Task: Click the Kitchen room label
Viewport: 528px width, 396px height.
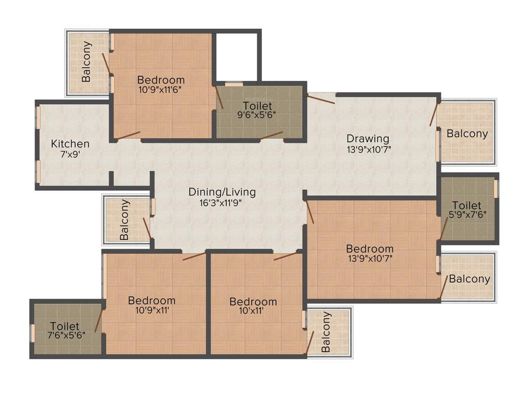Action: [x=70, y=144]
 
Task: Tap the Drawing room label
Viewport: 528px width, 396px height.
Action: [x=368, y=138]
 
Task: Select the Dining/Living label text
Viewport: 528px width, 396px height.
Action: [x=222, y=192]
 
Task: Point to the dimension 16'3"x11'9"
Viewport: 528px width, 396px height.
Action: [x=222, y=203]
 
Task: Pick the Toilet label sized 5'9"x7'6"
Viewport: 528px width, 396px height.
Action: [x=467, y=205]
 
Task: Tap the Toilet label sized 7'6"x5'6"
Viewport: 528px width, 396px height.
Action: [x=65, y=326]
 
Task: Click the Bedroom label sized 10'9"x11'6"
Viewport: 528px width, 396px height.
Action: [x=161, y=80]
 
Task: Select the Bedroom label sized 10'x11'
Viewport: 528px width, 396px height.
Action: [x=253, y=302]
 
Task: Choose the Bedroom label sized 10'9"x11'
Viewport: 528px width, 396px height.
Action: [x=152, y=300]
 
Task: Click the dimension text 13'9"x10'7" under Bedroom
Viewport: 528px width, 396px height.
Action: [x=370, y=258]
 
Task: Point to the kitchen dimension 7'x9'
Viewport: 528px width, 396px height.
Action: [x=70, y=154]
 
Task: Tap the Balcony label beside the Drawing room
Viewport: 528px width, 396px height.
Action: [x=467, y=134]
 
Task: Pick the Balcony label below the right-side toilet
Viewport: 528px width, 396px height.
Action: [x=469, y=279]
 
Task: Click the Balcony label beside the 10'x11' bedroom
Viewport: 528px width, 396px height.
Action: [x=326, y=332]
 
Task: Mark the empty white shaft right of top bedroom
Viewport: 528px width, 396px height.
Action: [x=236, y=57]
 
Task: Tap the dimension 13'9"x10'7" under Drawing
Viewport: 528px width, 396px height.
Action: [x=368, y=149]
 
